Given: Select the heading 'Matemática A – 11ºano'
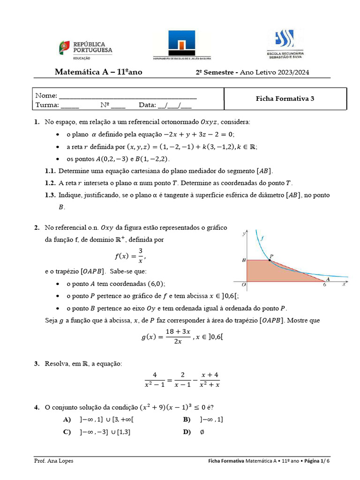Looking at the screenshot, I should [98, 72].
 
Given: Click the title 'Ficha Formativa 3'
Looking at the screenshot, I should [285, 98].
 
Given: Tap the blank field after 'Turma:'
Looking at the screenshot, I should [70, 105].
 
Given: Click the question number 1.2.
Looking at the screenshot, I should [50, 183].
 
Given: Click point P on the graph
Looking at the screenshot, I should [270, 260].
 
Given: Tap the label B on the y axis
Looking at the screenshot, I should [243, 259].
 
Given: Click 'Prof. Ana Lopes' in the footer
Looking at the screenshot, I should [54, 461].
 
